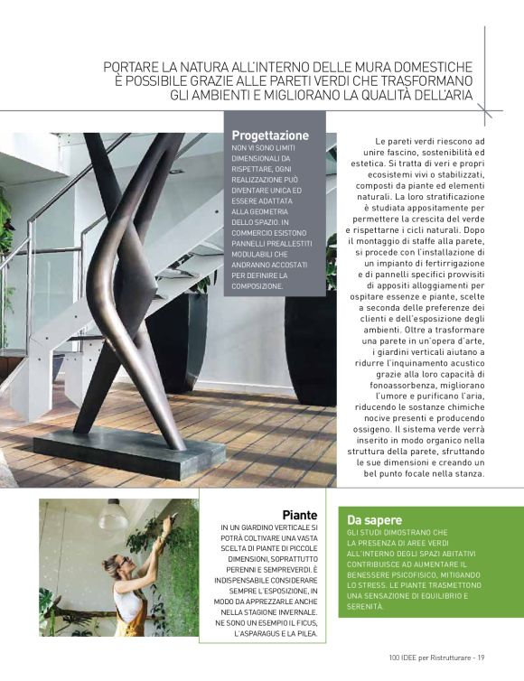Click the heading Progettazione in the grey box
[270, 135]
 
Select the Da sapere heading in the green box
[376, 519]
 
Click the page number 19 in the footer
[482, 657]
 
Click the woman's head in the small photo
[114, 565]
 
